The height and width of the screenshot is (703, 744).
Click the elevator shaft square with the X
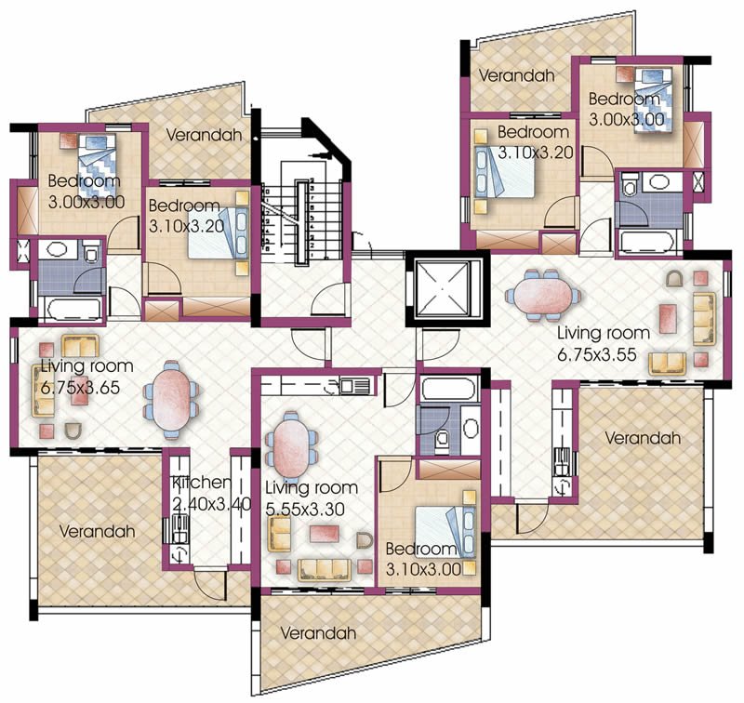click(447, 288)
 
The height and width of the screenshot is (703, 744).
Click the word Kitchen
click(202, 483)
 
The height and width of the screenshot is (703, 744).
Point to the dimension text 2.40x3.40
click(211, 504)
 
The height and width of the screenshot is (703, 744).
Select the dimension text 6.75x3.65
click(80, 388)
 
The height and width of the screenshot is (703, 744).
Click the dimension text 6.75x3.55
click(596, 354)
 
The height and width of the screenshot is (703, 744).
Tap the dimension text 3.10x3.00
click(424, 569)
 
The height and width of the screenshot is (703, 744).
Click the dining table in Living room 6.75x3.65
click(171, 399)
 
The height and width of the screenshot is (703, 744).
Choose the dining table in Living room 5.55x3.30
click(291, 450)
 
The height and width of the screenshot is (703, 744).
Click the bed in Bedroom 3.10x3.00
click(445, 531)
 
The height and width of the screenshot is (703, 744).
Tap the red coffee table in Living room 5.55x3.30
click(324, 533)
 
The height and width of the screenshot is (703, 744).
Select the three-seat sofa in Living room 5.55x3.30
click(325, 570)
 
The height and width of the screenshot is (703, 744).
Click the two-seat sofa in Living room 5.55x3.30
click(280, 534)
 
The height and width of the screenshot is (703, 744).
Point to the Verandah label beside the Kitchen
click(98, 531)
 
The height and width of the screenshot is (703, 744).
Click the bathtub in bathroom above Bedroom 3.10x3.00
click(448, 390)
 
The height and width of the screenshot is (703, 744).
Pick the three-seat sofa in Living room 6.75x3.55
click(705, 318)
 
